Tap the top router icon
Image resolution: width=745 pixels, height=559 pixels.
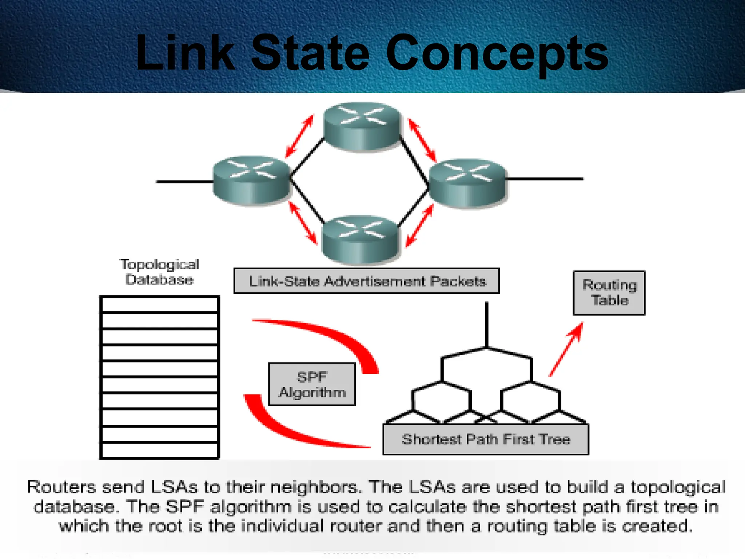point(362,126)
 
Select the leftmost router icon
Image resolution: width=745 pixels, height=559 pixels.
point(251,180)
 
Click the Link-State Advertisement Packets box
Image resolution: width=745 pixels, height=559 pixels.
point(367,281)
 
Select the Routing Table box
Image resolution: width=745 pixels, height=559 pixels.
point(609,293)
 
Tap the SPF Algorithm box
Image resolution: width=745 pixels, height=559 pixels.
point(312,384)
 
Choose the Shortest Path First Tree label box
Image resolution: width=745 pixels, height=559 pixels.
point(486,439)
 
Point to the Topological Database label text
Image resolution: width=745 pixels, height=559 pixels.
point(159,272)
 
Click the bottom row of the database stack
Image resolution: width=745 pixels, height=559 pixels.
point(159,450)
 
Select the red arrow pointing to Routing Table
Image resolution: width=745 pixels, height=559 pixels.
point(566,349)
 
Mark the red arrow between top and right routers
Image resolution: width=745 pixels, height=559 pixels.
point(422,140)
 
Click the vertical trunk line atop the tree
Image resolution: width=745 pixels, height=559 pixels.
point(487,324)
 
